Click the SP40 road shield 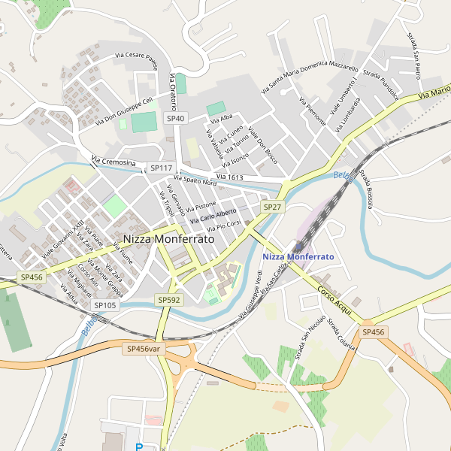[x=175, y=118]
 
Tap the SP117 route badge [x=161, y=168]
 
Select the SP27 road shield [x=272, y=206]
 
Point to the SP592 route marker [x=169, y=299]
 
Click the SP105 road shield [x=105, y=305]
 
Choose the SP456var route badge [x=144, y=349]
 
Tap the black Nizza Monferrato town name [x=168, y=238]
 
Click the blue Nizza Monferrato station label [x=298, y=256]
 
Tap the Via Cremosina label [x=114, y=162]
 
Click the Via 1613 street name [x=229, y=177]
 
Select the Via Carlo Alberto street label [x=213, y=216]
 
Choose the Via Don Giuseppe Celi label [x=120, y=111]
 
